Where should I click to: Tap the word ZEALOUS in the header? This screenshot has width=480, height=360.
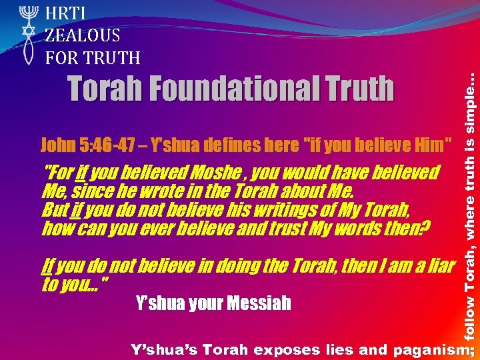(83, 35)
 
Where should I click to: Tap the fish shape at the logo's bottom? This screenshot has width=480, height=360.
(27, 53)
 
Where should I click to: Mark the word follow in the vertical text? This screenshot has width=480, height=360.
(470, 321)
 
